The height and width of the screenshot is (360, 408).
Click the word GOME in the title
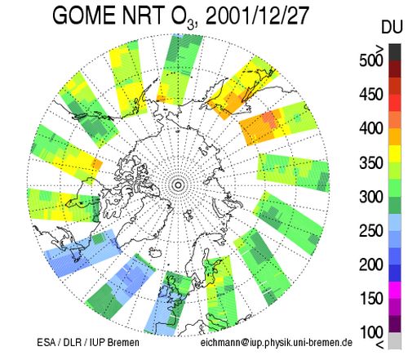pyautogui.click(x=85, y=16)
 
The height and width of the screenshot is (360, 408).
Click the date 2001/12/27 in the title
pyautogui.click(x=257, y=16)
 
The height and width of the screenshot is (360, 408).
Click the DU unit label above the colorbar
pyautogui.click(x=392, y=27)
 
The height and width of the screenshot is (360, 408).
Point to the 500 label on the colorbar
pyautogui.click(x=371, y=60)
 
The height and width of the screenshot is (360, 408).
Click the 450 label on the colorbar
pyautogui.click(x=371, y=95)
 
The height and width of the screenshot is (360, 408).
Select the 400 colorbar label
pyautogui.click(x=371, y=128)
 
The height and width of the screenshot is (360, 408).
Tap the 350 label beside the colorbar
pyautogui.click(x=371, y=163)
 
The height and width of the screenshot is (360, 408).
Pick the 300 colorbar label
pyautogui.click(x=371, y=197)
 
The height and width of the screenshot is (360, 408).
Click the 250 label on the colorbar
pyautogui.click(x=371, y=231)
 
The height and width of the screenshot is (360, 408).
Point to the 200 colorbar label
pyautogui.click(x=371, y=264)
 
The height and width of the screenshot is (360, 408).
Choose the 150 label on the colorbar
pyautogui.click(x=371, y=299)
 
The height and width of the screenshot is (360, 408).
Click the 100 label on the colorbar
pyautogui.click(x=371, y=332)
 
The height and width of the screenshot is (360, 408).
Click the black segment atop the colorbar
pyautogui.click(x=395, y=52)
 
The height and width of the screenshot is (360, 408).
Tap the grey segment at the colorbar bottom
pyautogui.click(x=395, y=340)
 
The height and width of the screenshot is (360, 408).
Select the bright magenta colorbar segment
pyautogui.click(x=395, y=290)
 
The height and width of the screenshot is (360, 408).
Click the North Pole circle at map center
pyautogui.click(x=178, y=185)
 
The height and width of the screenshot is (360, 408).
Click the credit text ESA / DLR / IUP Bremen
pyautogui.click(x=88, y=342)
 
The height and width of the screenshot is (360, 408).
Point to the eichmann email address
pyautogui.click(x=277, y=343)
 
